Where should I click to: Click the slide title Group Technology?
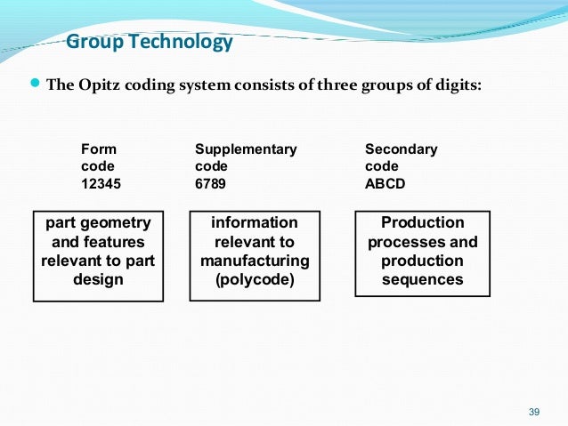(x=150, y=42)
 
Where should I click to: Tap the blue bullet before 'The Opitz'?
(x=36, y=84)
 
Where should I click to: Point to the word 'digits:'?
(x=458, y=85)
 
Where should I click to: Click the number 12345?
(x=101, y=183)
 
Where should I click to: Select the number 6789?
(x=210, y=183)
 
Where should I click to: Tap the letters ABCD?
(x=385, y=183)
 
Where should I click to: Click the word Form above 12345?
(x=98, y=149)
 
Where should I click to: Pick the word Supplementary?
(x=246, y=149)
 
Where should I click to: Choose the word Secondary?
(x=402, y=149)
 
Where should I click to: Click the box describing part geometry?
(x=98, y=255)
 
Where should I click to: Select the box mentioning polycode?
(x=255, y=255)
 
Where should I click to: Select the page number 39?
(x=534, y=411)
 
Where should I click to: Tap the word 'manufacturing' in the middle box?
(x=255, y=261)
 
